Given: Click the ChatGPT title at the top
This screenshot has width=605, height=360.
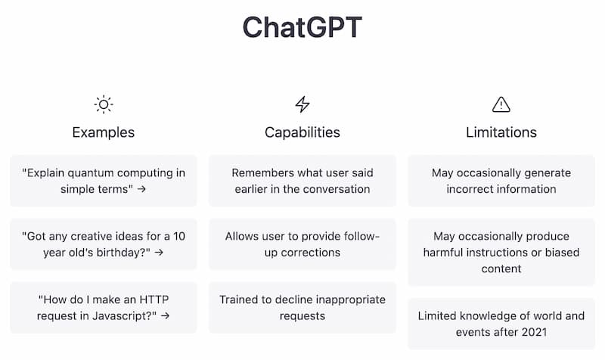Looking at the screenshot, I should click(302, 27).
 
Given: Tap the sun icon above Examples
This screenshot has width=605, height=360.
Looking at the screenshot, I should click(103, 104).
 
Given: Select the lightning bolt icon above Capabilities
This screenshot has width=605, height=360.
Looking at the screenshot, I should click(302, 104).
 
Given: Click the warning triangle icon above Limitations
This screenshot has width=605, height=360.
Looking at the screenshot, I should click(501, 104).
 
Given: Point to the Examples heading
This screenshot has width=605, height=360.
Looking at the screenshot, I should click(103, 132).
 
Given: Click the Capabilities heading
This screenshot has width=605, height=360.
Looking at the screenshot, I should click(302, 132).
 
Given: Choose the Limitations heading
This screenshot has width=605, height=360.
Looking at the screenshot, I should click(501, 132).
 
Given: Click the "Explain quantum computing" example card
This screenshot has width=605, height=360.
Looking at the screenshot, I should click(103, 181).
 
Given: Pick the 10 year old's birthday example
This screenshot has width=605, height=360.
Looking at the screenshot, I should click(103, 244).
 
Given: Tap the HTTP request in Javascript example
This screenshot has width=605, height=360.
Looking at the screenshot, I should click(103, 308).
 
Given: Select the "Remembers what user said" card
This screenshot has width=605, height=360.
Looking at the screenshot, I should click(302, 181).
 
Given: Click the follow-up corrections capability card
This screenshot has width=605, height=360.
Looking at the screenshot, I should click(302, 244).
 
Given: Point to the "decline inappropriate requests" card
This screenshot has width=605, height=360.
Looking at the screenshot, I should click(302, 308).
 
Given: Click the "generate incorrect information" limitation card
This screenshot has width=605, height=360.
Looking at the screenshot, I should click(501, 181).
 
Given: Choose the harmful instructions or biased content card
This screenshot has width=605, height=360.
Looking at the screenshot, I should click(501, 253).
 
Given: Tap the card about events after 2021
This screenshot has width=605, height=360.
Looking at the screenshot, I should click(501, 324).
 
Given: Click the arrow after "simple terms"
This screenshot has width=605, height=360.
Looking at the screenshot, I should click(141, 189).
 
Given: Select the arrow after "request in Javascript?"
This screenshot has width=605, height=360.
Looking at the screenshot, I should click(165, 316).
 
